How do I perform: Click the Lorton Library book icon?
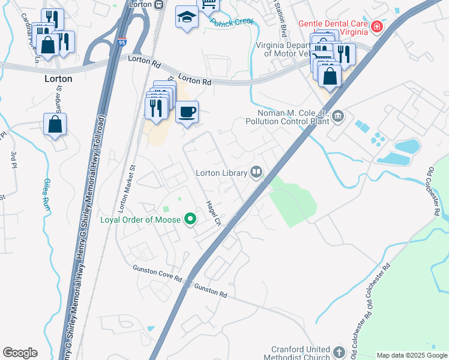point(256,173)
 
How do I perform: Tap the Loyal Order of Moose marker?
point(191,220)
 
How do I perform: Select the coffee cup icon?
point(187,112)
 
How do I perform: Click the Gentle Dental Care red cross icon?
point(376,27)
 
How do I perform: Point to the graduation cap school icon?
point(187,17)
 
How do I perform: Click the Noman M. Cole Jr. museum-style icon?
point(338,115)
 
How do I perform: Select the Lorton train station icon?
point(158,4)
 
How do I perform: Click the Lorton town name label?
point(58,79)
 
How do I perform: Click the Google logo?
point(20,353)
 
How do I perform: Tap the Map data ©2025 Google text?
point(411,355)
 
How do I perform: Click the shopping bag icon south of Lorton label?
point(55,124)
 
